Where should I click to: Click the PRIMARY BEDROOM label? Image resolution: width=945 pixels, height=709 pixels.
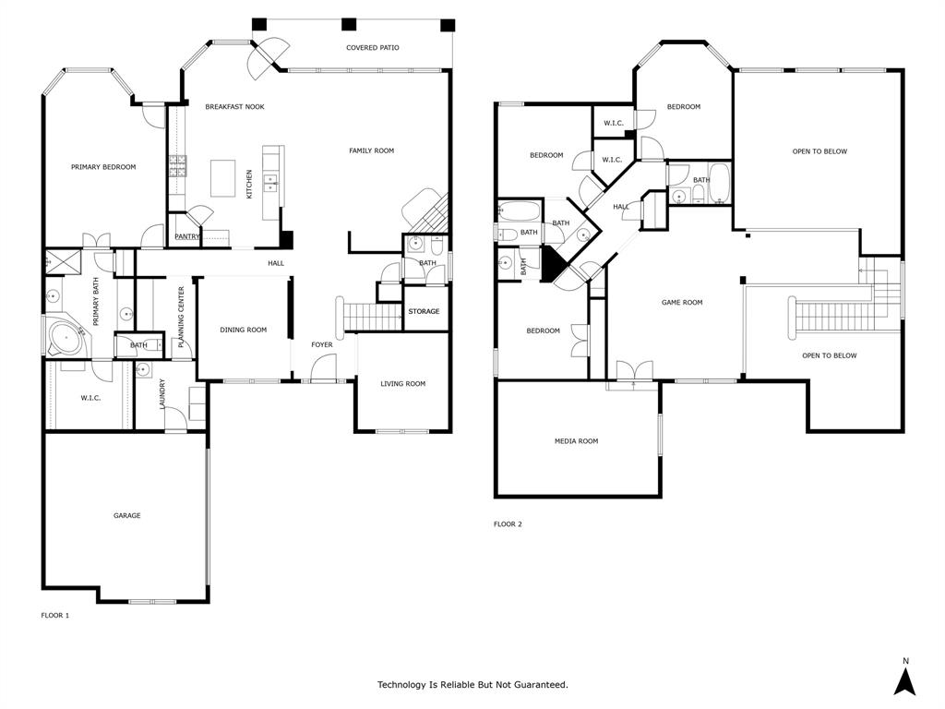[x=103, y=167]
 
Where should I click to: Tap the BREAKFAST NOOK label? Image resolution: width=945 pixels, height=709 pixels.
[x=234, y=107]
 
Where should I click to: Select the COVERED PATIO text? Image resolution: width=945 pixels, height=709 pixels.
[x=373, y=47]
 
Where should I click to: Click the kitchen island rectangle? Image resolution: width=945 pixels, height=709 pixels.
[x=223, y=178]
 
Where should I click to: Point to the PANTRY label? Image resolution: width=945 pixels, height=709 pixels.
[x=187, y=236]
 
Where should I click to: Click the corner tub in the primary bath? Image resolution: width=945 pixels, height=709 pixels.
[x=67, y=336]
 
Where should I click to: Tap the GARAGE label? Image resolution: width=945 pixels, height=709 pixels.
[x=127, y=515]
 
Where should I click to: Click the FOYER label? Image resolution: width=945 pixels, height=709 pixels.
[x=321, y=344]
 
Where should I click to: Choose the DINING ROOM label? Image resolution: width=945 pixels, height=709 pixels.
[x=244, y=330]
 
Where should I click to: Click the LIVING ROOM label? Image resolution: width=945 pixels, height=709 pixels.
[x=403, y=383]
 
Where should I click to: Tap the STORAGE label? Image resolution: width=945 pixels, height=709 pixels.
[x=424, y=311]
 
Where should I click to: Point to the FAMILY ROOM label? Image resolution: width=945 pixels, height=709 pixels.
[x=371, y=150]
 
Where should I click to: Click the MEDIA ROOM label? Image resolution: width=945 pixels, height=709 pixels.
[x=576, y=441]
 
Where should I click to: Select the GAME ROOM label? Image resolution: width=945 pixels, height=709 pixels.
[x=682, y=302]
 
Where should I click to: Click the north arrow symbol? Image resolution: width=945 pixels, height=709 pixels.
[x=905, y=679]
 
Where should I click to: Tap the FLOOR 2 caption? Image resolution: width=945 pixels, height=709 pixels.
[x=508, y=524]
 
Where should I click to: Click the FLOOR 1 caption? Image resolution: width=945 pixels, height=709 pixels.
[x=55, y=615]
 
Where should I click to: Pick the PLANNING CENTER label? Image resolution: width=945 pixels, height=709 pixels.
[x=182, y=310]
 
